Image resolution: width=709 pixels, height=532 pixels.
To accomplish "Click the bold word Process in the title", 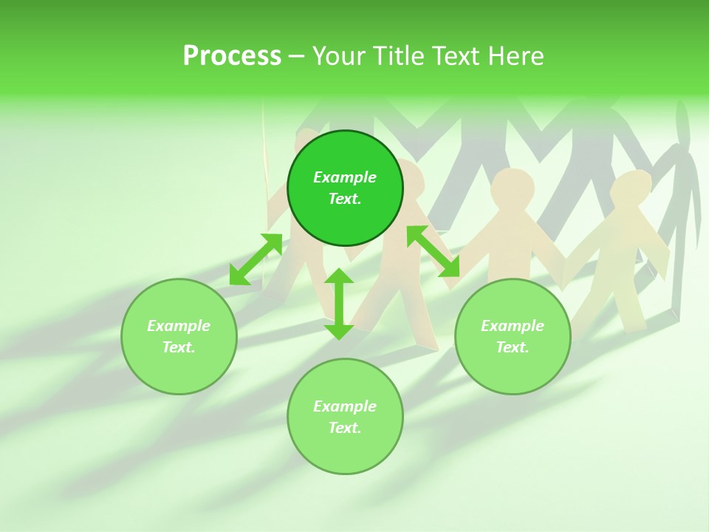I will point(232,56).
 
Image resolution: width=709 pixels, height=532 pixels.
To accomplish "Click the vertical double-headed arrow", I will point(339,304).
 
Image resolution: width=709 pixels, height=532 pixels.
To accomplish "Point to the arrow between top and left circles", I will point(256,259).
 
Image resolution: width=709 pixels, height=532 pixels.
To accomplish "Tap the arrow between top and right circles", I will point(434,251).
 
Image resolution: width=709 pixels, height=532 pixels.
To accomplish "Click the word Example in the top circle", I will point(345,177).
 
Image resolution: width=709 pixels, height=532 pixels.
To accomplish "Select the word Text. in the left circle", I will point(179,347).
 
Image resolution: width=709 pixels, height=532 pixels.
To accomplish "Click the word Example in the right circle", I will point(513,326).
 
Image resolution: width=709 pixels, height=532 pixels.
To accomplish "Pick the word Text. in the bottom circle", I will point(345,428).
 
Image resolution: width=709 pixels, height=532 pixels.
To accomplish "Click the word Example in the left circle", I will point(179,326).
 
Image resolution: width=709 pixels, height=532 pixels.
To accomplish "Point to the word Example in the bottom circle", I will point(345,406).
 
